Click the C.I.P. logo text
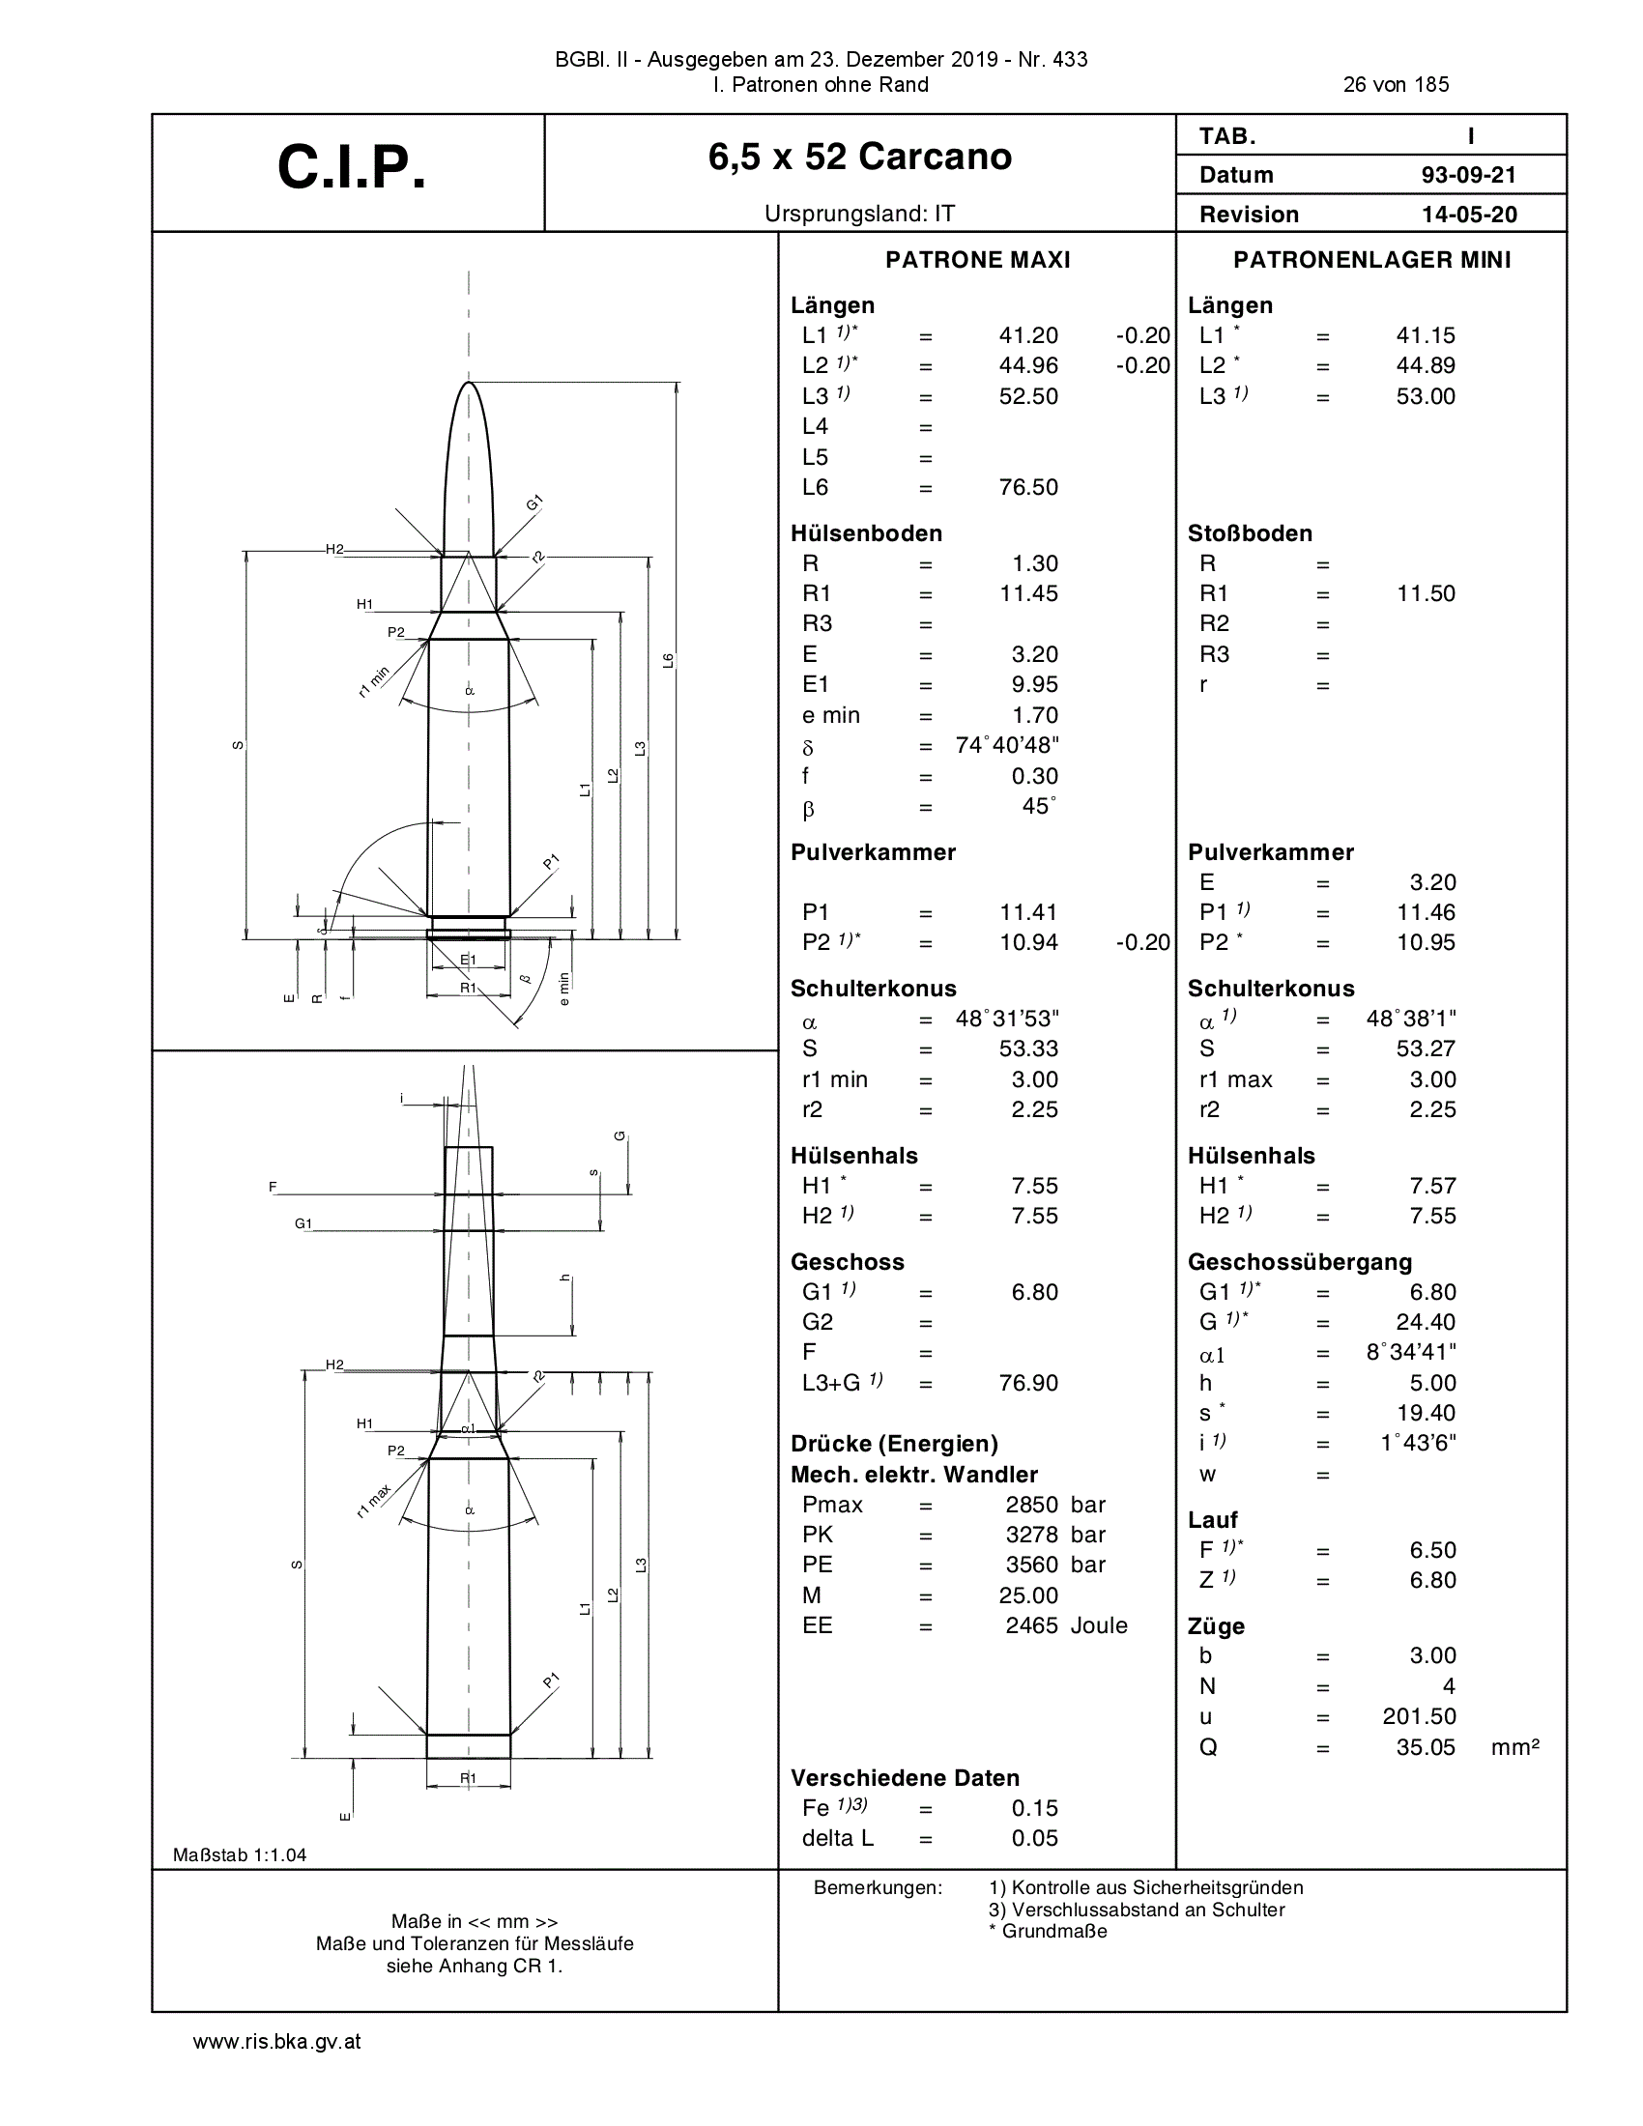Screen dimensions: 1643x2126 point(352,167)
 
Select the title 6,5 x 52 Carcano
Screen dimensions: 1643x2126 point(860,157)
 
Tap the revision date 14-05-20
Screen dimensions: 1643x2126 point(1469,215)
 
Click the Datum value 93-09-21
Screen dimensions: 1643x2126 point(1469,175)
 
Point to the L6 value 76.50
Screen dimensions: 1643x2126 point(1028,487)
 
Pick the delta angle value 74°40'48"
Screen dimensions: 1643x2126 point(1007,746)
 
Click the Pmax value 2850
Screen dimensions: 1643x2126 point(1032,1504)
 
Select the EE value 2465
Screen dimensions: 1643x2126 point(1032,1624)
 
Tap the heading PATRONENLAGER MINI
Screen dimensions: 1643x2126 point(1372,260)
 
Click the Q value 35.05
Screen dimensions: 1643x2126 point(1426,1746)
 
